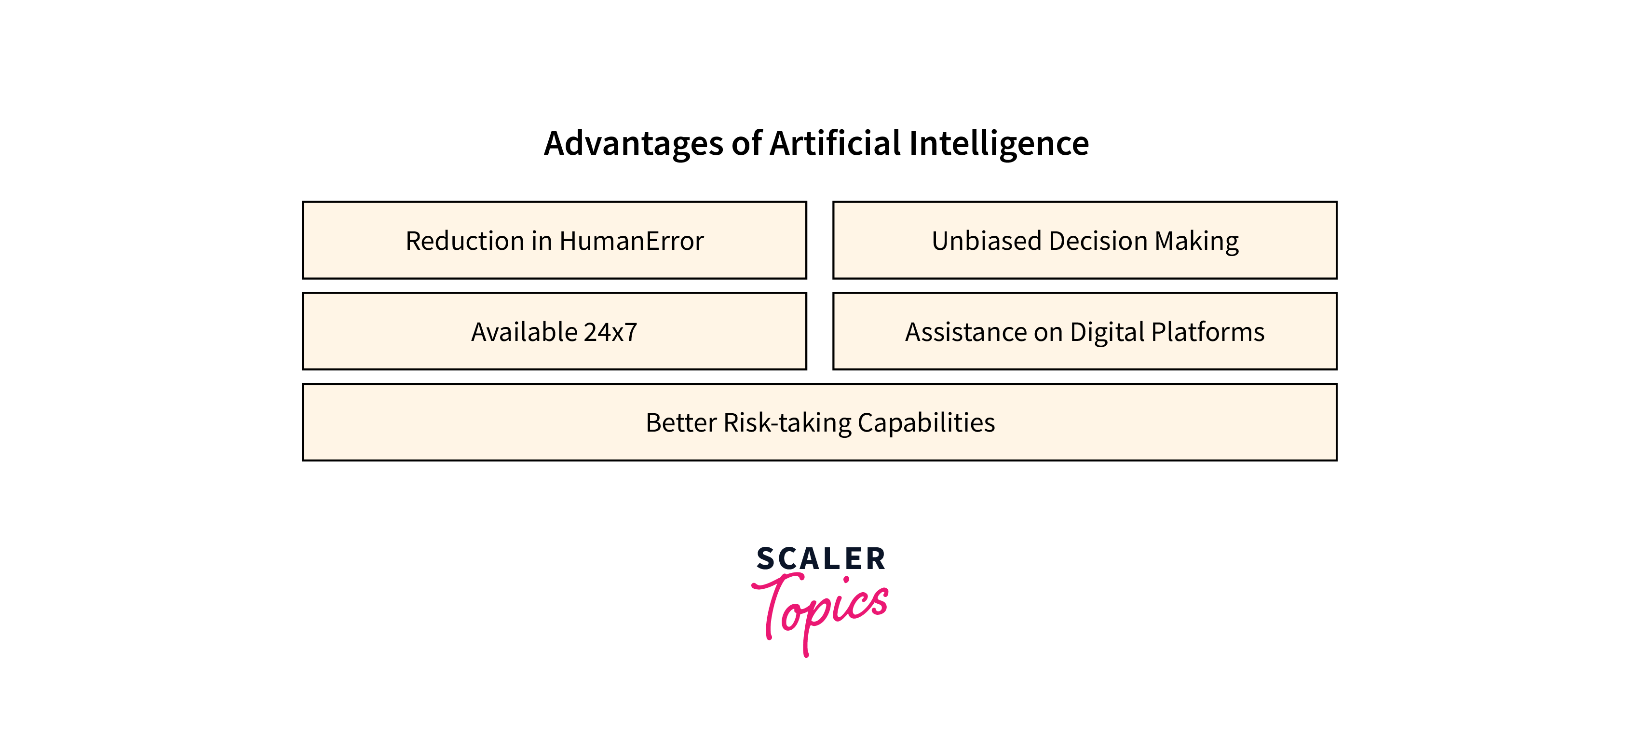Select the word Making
[1196, 241]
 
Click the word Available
[524, 332]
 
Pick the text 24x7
[610, 332]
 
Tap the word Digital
[1107, 332]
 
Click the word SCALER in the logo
[821, 559]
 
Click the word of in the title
[746, 144]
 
